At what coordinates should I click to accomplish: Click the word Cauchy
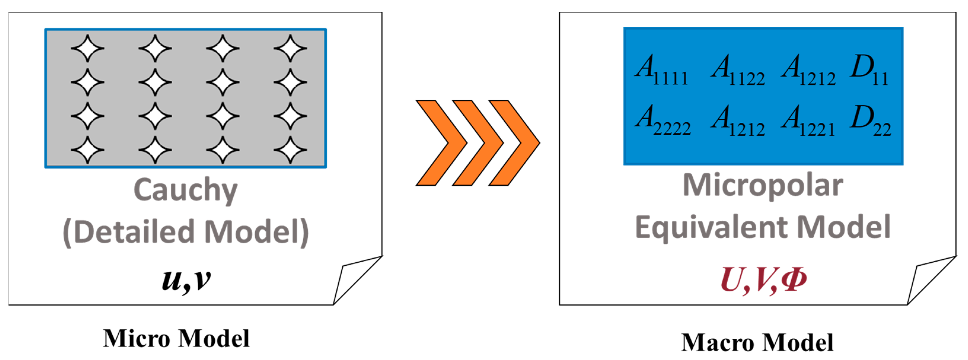coord(185,190)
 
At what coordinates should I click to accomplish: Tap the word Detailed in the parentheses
coord(133,232)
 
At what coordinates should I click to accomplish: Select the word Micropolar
coord(763,186)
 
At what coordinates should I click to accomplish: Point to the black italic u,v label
coord(186,280)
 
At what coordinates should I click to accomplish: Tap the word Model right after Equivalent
coord(843,228)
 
